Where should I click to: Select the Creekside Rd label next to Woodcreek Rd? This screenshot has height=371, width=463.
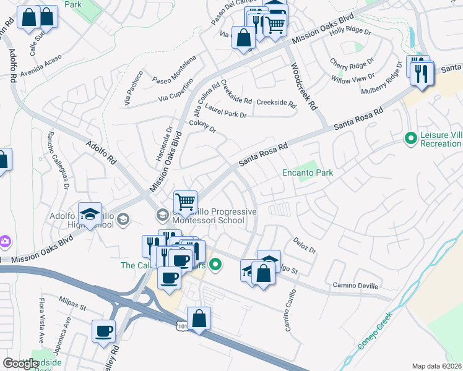point(276,102)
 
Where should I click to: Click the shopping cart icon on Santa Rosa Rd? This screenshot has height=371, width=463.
point(185,201)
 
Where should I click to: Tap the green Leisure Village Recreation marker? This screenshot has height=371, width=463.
point(409,137)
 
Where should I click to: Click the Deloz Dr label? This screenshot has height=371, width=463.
point(305,246)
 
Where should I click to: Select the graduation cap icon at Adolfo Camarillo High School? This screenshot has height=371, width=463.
point(90,214)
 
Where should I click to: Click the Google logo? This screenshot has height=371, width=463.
point(20,364)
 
